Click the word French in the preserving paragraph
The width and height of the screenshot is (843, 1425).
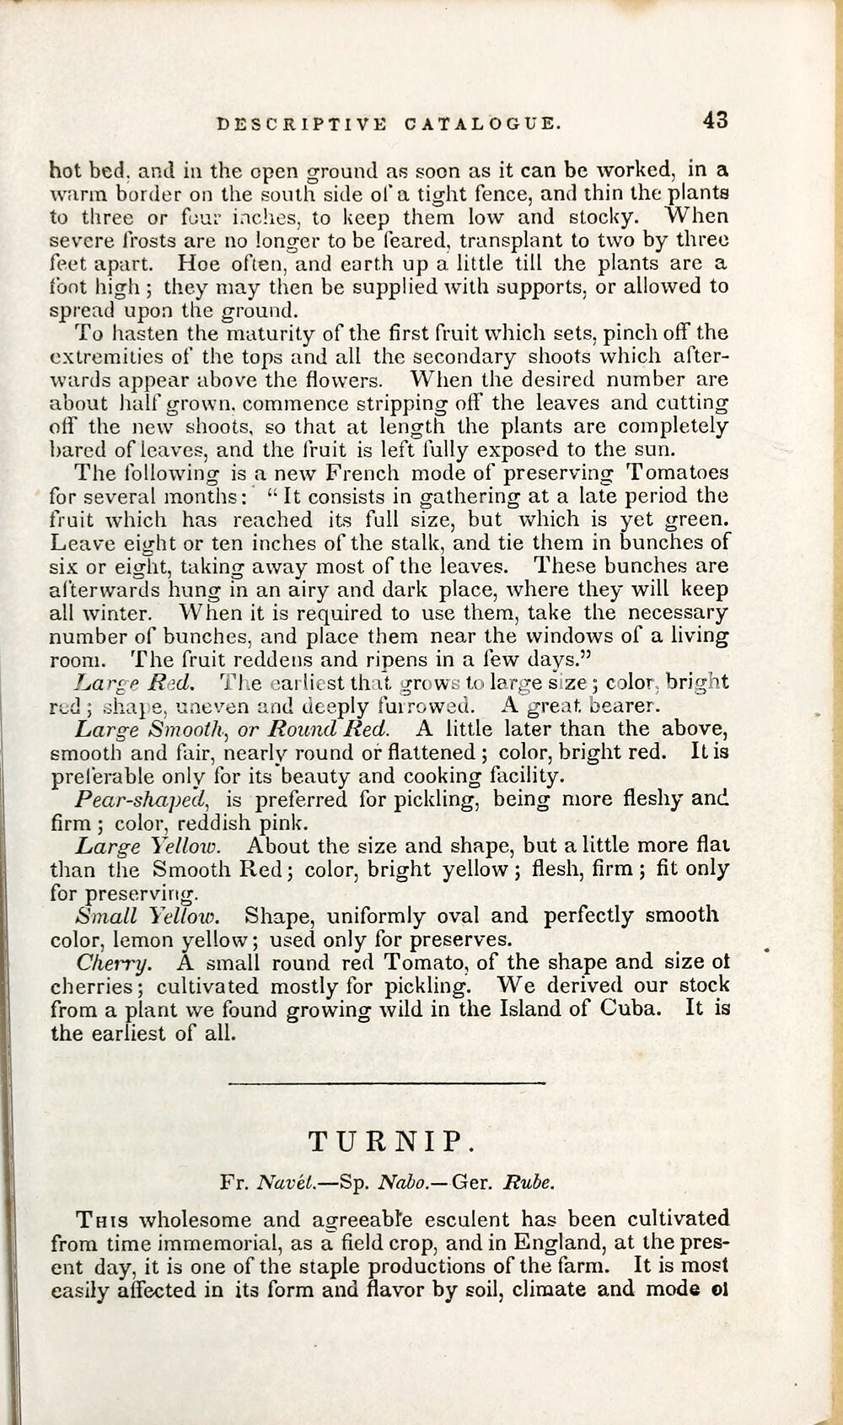coord(363,472)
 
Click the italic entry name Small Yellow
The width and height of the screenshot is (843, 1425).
coord(148,916)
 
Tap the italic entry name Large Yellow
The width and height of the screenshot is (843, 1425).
coord(148,845)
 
